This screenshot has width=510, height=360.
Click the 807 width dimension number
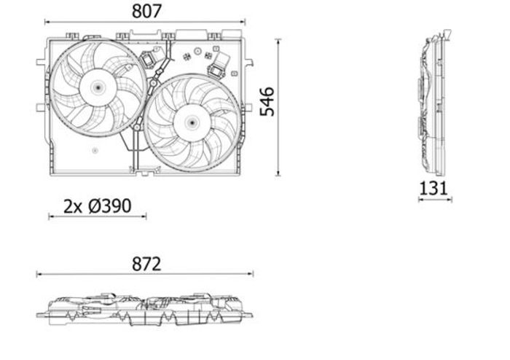pos(146,12)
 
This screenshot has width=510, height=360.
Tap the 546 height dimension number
pos(267,101)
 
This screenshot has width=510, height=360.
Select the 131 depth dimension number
pos(433,188)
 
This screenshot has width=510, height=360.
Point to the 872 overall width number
pos(146,264)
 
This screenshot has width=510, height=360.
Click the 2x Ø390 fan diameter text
pos(97,206)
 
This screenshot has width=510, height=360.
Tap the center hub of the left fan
pos(98,87)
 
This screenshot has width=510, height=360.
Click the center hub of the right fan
pos(192,122)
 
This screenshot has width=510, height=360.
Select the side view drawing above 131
pos(434,103)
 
